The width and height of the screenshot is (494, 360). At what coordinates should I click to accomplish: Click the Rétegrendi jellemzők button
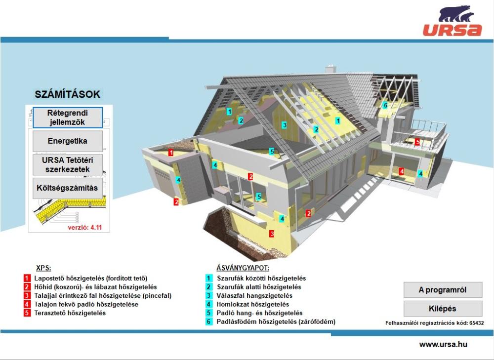click(x=68, y=118)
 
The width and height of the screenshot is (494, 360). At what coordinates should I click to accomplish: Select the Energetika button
click(x=68, y=141)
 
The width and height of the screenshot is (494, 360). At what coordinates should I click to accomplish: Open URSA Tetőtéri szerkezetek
click(x=68, y=164)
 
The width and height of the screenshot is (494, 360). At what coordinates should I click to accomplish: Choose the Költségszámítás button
click(x=68, y=188)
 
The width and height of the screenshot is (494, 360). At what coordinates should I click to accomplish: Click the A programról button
click(x=443, y=290)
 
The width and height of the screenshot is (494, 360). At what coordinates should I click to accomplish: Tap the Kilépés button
click(x=443, y=309)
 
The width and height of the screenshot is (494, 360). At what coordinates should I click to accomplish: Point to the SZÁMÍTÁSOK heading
click(x=68, y=94)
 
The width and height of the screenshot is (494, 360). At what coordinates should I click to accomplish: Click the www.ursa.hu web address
click(x=443, y=345)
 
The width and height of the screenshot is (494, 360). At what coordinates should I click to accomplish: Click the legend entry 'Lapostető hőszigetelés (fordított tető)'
click(x=90, y=279)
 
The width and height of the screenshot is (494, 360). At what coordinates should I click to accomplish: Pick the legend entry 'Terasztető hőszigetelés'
click(x=70, y=313)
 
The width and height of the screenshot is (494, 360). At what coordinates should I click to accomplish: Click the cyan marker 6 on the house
click(x=385, y=105)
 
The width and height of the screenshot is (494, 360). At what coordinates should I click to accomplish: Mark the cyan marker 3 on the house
click(x=284, y=125)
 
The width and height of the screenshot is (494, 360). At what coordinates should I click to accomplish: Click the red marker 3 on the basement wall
click(x=271, y=234)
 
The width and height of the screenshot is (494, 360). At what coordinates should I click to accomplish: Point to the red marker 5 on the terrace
click(x=417, y=142)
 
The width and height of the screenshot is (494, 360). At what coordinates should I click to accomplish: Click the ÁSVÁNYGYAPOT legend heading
click(x=243, y=268)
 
